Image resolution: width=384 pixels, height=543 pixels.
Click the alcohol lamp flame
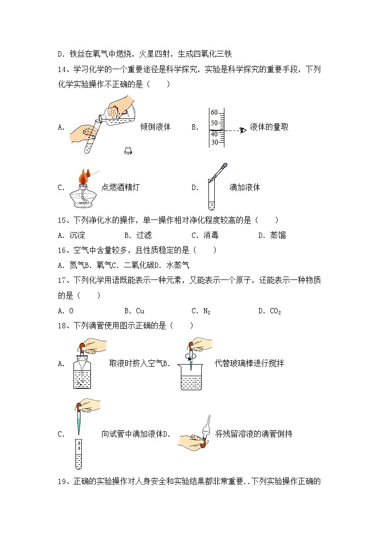tap(85, 175)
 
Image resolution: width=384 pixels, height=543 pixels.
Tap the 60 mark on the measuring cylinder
tap(214, 113)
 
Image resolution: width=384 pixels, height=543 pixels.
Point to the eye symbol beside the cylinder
tap(243, 130)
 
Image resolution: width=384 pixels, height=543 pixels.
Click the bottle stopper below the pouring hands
tap(129, 150)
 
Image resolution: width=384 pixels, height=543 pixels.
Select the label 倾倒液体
tap(155, 127)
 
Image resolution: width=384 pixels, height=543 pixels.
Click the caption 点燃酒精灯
tap(120, 188)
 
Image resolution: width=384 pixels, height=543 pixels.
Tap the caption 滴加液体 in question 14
tap(245, 188)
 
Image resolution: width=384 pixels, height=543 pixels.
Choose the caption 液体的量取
tap(269, 127)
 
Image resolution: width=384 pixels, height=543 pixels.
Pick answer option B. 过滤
tap(138, 235)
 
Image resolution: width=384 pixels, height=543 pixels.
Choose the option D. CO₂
tap(269, 311)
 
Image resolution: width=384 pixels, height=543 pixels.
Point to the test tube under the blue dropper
tap(78, 454)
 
